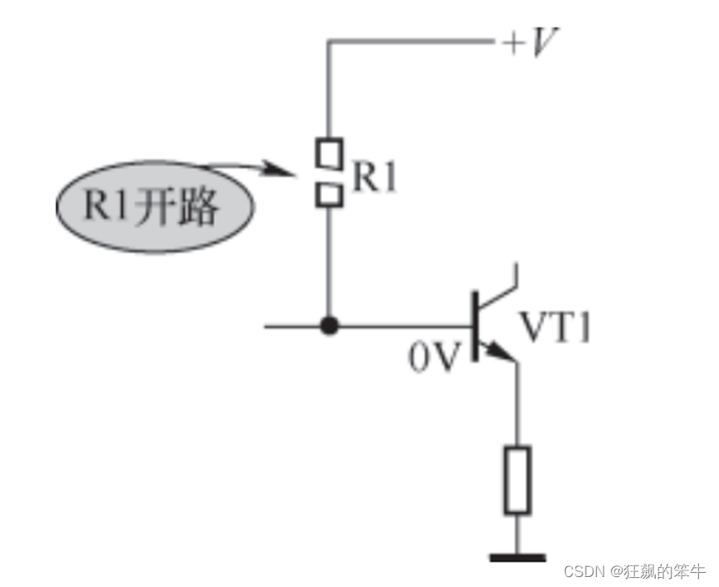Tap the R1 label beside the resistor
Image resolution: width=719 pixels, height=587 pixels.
click(x=373, y=177)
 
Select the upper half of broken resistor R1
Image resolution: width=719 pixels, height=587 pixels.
click(x=329, y=152)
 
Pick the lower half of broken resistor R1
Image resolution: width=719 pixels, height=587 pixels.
click(x=329, y=195)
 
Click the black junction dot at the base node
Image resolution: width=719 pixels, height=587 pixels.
click(x=330, y=326)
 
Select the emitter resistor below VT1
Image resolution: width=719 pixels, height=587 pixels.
click(x=517, y=479)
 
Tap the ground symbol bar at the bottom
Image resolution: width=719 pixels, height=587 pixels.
click(x=517, y=557)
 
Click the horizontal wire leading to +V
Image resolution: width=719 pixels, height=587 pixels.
click(x=407, y=41)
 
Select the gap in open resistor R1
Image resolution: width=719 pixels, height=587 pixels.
click(x=329, y=174)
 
